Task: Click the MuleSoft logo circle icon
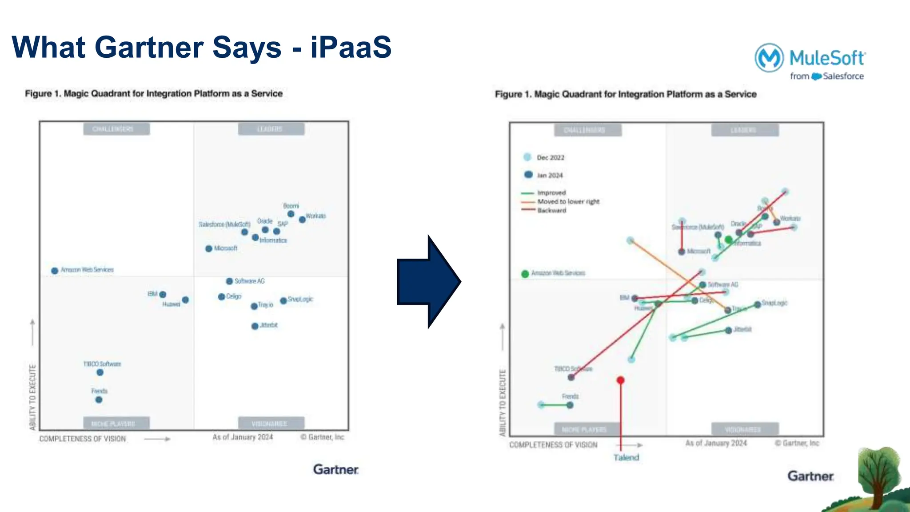tap(769, 57)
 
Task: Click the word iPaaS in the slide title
tap(351, 47)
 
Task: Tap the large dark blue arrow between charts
tap(429, 282)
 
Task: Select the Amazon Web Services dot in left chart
tap(55, 271)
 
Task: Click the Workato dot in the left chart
tap(302, 220)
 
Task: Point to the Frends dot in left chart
tap(99, 400)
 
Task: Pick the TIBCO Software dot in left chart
tap(100, 372)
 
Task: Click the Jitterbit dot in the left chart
tap(255, 326)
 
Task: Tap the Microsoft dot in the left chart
tap(209, 248)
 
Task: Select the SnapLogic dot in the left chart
tap(283, 301)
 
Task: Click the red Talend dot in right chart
tap(621, 380)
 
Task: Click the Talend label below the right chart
tap(626, 457)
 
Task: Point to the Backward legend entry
tap(551, 211)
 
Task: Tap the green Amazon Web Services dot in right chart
tap(525, 274)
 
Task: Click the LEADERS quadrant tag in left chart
tap(271, 129)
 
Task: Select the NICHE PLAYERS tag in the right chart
tap(584, 429)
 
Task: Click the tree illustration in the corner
tap(878, 476)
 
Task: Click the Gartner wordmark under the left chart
tap(335, 469)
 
